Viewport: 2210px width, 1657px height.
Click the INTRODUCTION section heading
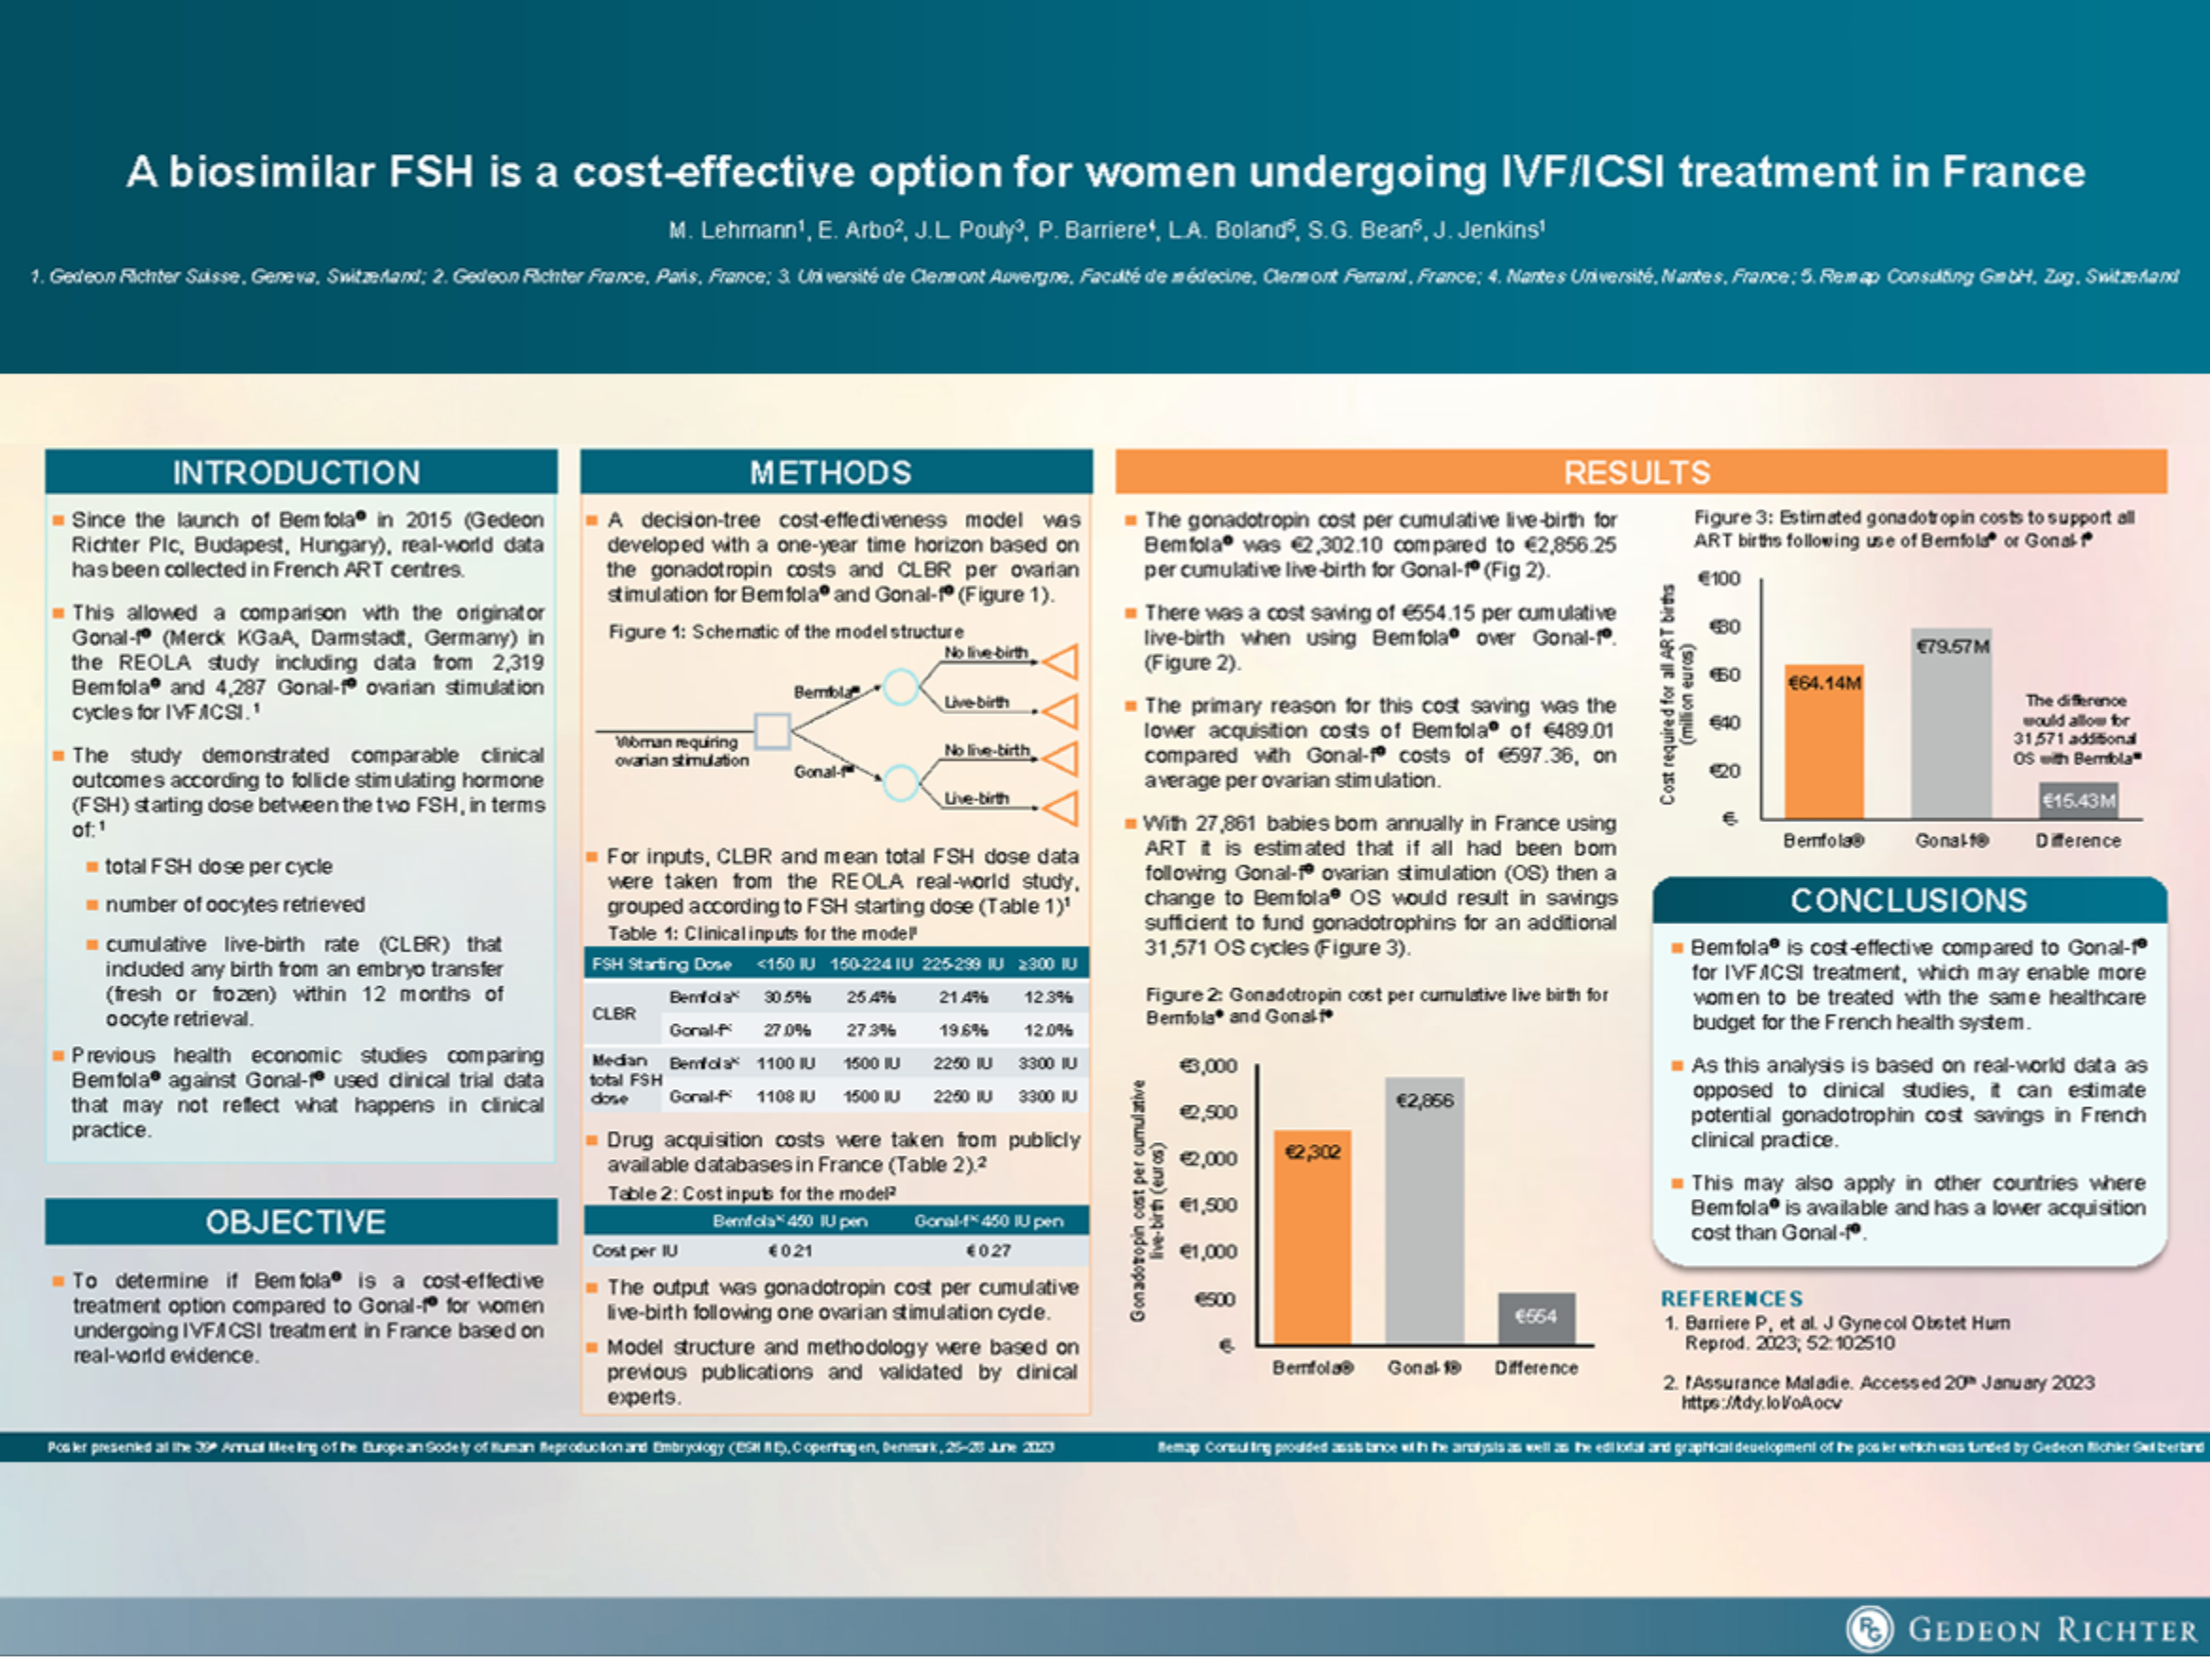pos(296,472)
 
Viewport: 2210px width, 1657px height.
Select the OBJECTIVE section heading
pos(296,1221)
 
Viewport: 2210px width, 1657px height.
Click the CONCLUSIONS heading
pos(1908,901)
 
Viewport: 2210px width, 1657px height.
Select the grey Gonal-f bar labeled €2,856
pos(1424,1210)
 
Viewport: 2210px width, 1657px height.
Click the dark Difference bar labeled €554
pos(1536,1319)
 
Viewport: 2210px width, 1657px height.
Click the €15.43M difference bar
pos(2078,801)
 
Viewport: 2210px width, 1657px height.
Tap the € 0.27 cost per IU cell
pos(988,1251)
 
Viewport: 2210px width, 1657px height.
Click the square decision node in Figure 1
pos(771,731)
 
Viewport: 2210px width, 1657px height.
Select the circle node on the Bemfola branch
pos(901,687)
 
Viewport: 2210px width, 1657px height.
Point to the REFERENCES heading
pos(1732,1298)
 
